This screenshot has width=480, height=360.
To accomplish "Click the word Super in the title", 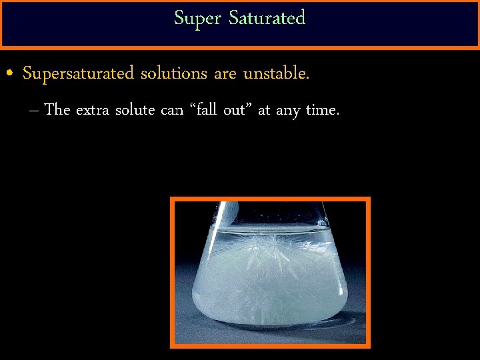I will [x=198, y=19].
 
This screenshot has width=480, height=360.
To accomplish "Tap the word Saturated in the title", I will [x=267, y=17].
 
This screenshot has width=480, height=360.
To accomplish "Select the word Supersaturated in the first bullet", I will [x=78, y=74].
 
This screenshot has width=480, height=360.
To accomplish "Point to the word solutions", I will [x=173, y=73].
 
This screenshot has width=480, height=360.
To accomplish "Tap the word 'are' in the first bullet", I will [x=225, y=74].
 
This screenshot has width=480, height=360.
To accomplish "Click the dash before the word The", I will [x=34, y=110].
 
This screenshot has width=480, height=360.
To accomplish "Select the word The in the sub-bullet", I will [x=57, y=109].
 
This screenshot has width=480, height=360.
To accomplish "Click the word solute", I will [x=135, y=109].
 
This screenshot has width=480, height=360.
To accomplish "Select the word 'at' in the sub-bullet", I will [x=263, y=110].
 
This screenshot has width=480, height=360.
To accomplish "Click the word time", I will [x=322, y=109].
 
